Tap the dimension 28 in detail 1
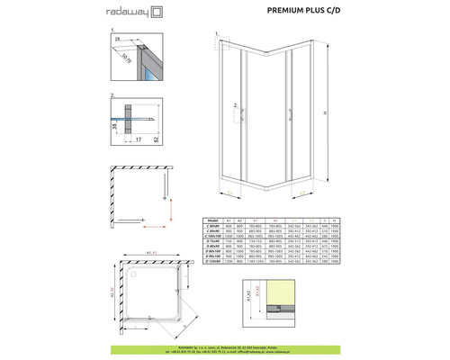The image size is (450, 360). click(x=119, y=40)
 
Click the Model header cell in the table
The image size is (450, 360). click(x=212, y=218)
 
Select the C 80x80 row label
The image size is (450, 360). click(x=212, y=224)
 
